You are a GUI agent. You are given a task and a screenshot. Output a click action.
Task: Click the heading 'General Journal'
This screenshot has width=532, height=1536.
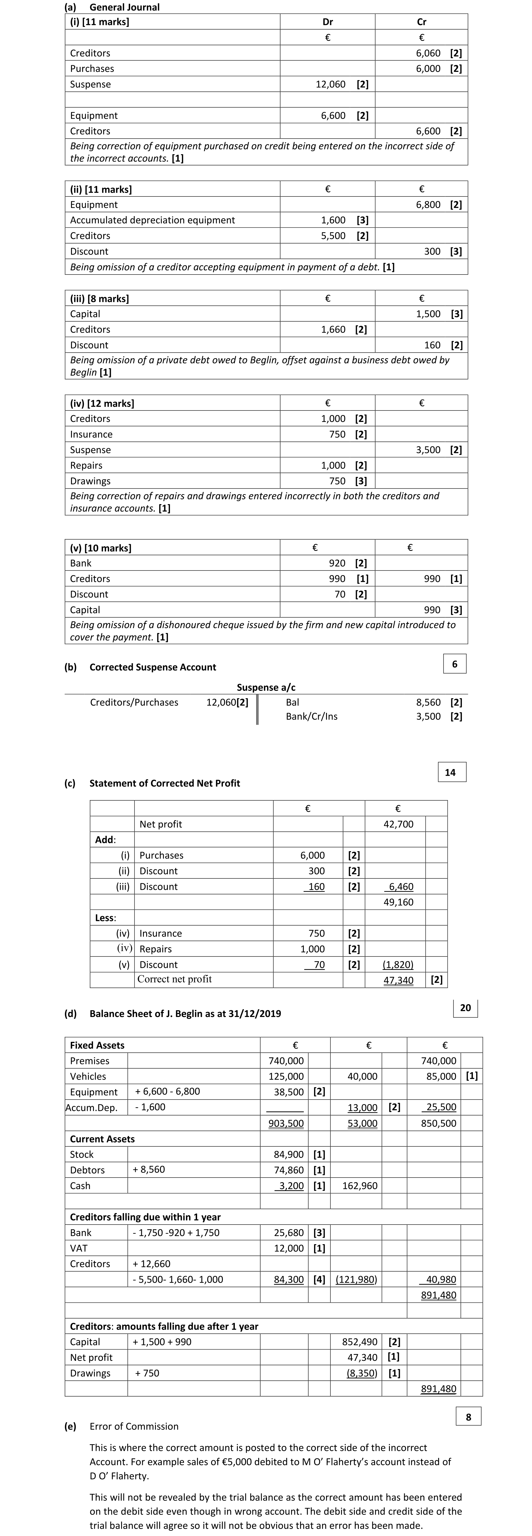click(x=124, y=7)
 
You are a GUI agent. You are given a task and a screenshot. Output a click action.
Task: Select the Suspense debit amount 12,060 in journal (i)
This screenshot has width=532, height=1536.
click(x=330, y=84)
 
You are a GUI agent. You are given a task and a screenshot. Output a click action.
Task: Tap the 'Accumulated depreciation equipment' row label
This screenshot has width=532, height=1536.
click(x=153, y=220)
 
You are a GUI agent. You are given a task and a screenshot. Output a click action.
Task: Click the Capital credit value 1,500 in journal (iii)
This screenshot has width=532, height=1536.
click(x=428, y=314)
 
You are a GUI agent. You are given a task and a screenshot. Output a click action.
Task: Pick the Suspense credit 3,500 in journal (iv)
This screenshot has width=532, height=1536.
click(x=428, y=450)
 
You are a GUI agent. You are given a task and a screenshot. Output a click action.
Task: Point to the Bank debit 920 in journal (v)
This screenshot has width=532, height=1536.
click(x=337, y=563)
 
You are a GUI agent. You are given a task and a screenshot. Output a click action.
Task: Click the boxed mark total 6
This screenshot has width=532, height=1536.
click(x=454, y=664)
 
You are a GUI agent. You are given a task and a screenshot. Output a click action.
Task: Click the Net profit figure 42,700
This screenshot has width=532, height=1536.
click(x=398, y=824)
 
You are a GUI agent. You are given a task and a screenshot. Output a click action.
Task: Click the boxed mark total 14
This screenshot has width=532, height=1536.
click(x=450, y=772)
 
